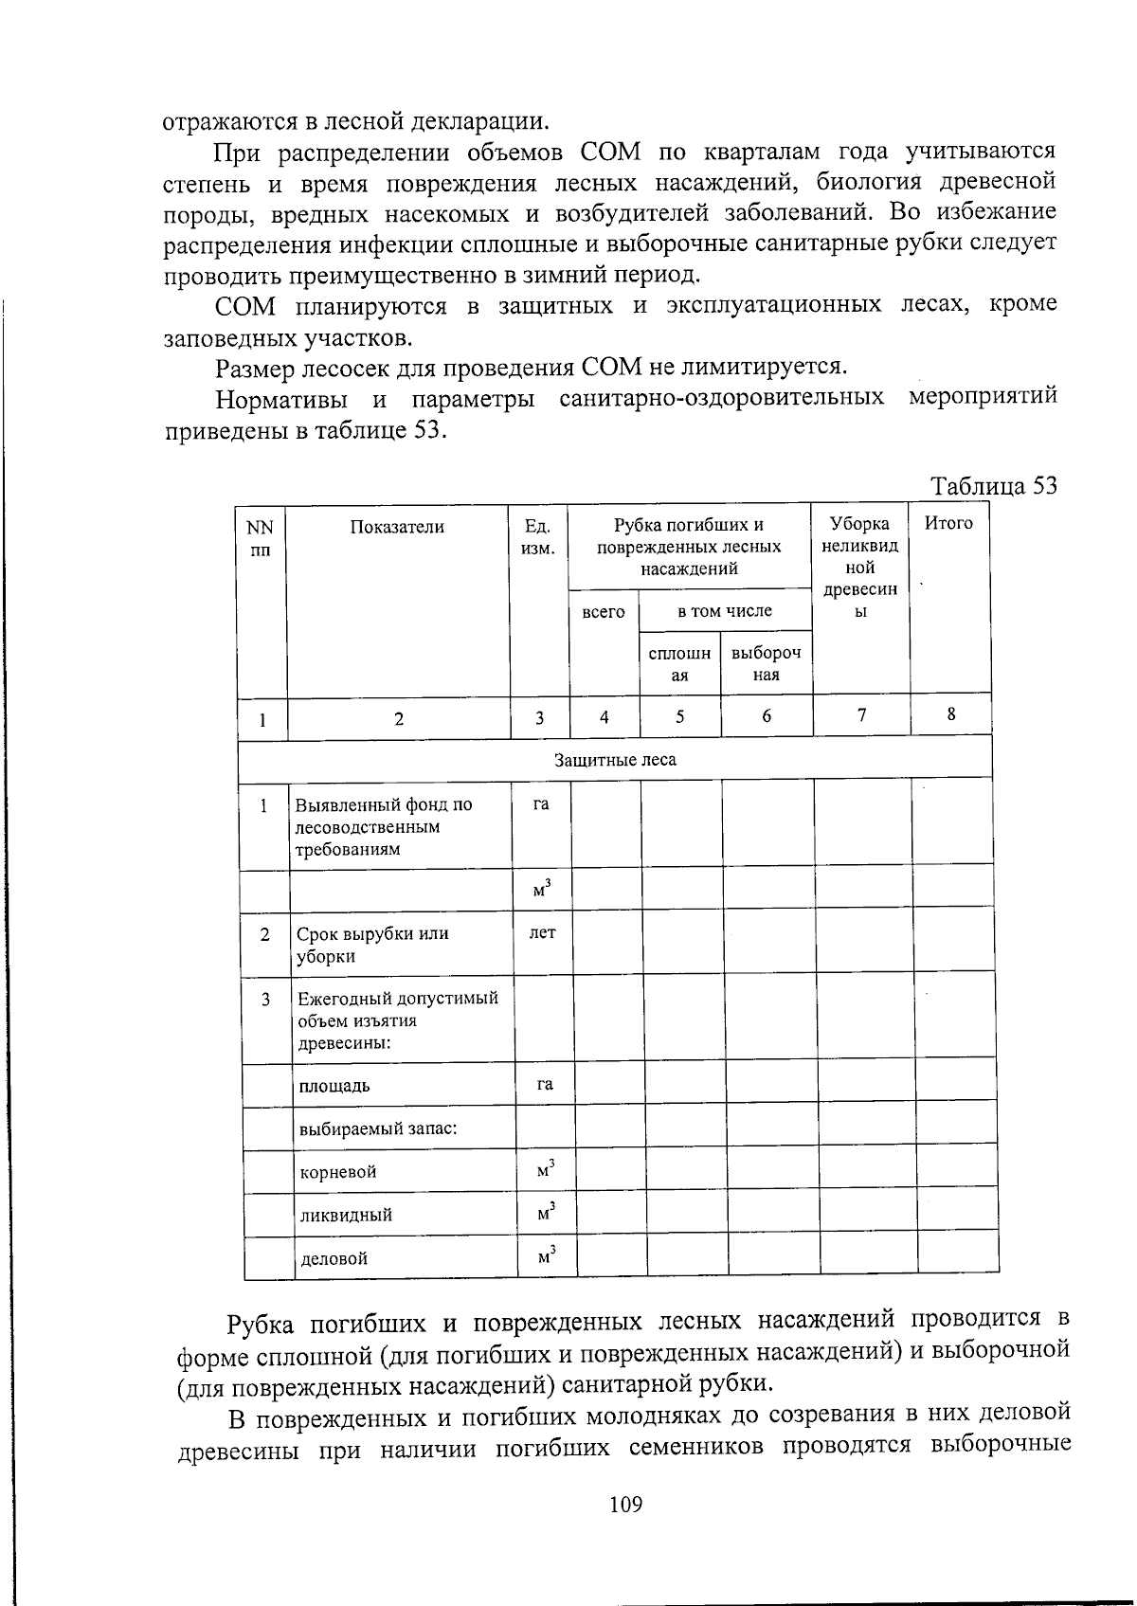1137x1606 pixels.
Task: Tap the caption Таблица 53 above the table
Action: tap(993, 486)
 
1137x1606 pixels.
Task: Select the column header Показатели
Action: tap(397, 527)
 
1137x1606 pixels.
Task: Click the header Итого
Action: tap(948, 523)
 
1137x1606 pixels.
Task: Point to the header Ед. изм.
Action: tap(538, 537)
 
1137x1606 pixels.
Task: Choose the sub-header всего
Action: tap(604, 612)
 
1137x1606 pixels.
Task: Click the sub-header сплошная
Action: tap(679, 664)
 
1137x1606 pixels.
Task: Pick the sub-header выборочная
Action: tap(766, 664)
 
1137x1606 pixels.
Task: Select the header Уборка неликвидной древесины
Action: tap(859, 567)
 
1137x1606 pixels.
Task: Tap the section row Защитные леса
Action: tap(615, 760)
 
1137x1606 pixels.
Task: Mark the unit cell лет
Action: tap(542, 932)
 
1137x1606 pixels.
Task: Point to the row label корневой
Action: tap(338, 1172)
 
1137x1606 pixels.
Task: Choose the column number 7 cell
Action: tap(861, 715)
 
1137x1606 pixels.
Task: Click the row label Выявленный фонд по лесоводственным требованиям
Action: tap(383, 826)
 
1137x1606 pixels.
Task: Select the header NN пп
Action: tap(260, 538)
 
